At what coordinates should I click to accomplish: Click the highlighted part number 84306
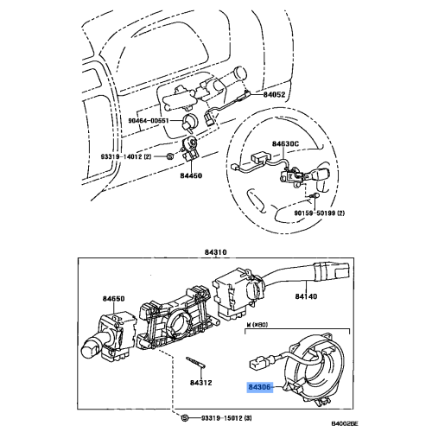259,390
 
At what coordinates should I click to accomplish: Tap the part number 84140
308,320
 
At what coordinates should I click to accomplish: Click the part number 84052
275,92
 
